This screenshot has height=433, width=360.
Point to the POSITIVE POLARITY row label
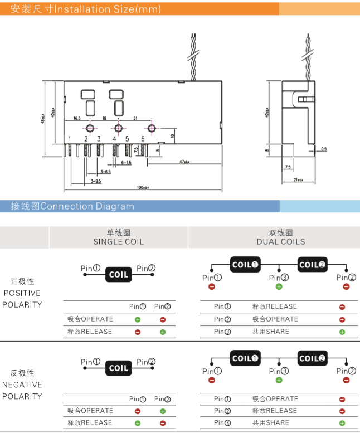[22, 293]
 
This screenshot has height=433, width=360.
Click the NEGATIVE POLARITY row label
[22, 385]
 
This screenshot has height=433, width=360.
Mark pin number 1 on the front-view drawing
[69, 139]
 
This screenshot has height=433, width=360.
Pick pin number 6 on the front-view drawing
[143, 139]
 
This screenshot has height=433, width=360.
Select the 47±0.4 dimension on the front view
[184, 162]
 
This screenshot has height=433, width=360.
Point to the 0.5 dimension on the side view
[324, 149]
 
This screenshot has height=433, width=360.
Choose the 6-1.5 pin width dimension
[126, 163]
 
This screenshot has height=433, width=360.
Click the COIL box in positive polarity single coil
[118, 274]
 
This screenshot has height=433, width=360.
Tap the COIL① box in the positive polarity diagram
[246, 265]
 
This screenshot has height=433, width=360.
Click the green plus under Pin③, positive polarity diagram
[279, 286]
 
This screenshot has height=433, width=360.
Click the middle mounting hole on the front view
[118, 128]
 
